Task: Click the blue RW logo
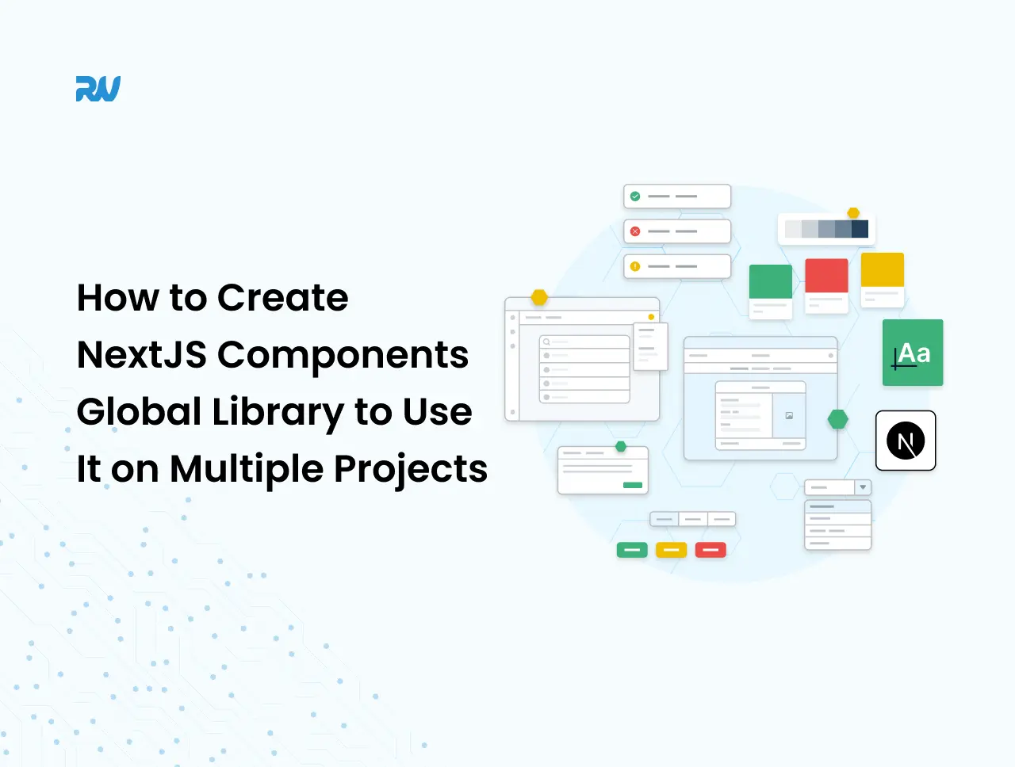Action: (x=98, y=88)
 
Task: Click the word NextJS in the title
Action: (x=141, y=355)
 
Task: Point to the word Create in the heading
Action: (x=282, y=298)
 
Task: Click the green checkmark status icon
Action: (x=635, y=197)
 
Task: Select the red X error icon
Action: (x=635, y=231)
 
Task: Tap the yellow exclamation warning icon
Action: (x=635, y=266)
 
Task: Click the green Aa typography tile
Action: (x=913, y=353)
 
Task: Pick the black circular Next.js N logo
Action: (x=906, y=441)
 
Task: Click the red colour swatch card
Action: (x=826, y=286)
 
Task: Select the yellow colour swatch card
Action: (x=883, y=280)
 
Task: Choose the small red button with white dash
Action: (x=710, y=550)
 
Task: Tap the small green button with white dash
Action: (x=632, y=550)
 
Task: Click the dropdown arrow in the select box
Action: (x=863, y=487)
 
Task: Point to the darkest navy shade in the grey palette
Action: (x=860, y=229)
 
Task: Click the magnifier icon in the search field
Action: (x=546, y=342)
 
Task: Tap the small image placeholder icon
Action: (x=789, y=416)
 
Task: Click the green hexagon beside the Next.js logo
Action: (x=837, y=419)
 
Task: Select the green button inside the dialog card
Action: (x=633, y=485)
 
